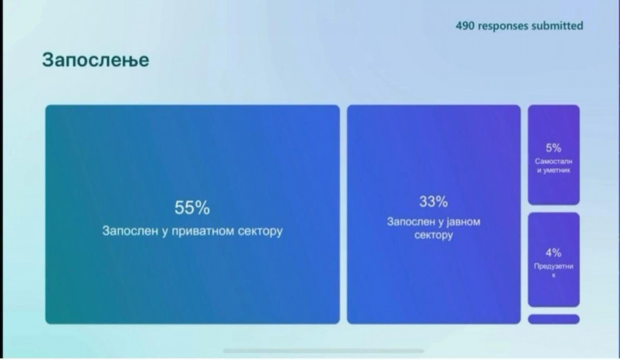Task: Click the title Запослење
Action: point(96,61)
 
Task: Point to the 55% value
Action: point(192,207)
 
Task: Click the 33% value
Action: point(433,202)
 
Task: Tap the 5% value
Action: point(554,148)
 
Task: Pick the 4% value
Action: point(554,253)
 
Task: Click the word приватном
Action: point(203,231)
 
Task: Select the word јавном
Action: point(464,222)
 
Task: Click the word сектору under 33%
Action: point(433,235)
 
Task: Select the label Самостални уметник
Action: point(554,166)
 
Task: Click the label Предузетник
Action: point(554,271)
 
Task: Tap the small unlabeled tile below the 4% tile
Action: point(554,319)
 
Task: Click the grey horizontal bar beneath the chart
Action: point(324,350)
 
